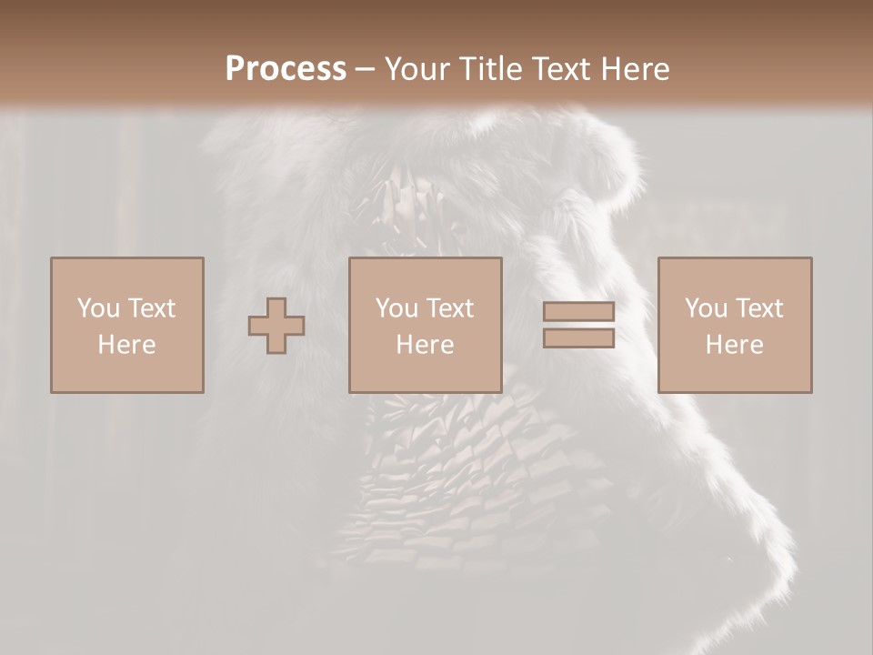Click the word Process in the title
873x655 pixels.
click(286, 69)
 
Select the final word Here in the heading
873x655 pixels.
click(634, 69)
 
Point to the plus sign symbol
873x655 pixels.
click(276, 326)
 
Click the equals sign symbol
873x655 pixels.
click(578, 325)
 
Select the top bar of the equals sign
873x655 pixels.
click(578, 312)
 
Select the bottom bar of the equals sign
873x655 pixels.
click(578, 338)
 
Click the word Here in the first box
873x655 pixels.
click(126, 345)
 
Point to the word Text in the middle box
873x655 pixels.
click(449, 308)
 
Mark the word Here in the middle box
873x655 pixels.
click(425, 345)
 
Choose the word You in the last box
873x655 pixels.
click(705, 308)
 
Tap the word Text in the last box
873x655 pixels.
click(758, 308)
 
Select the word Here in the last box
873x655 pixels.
click(734, 345)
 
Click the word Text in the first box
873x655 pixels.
click(151, 308)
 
